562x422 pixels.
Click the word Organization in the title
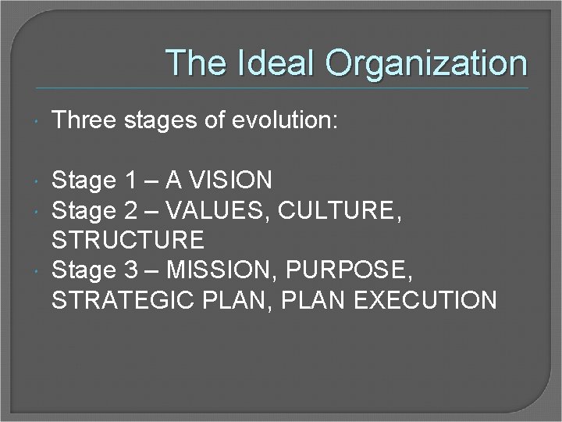(x=426, y=63)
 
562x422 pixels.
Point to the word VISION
(x=229, y=181)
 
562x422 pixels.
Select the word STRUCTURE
(x=128, y=240)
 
